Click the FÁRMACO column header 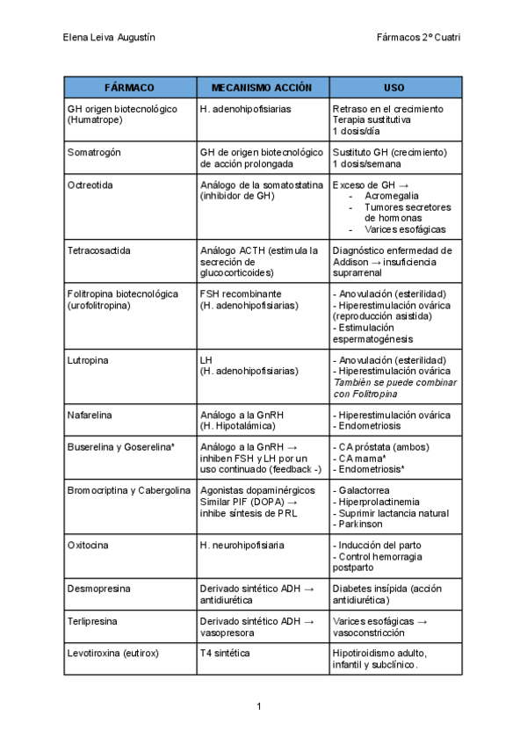129,88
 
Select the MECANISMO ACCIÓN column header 262,88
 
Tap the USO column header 394,88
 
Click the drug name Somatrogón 94,152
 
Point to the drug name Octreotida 90,185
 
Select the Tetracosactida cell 98,250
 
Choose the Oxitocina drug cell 89,546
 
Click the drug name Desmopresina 98,589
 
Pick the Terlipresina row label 95,621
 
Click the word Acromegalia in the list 392,196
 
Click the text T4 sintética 225,654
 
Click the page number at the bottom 260,706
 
